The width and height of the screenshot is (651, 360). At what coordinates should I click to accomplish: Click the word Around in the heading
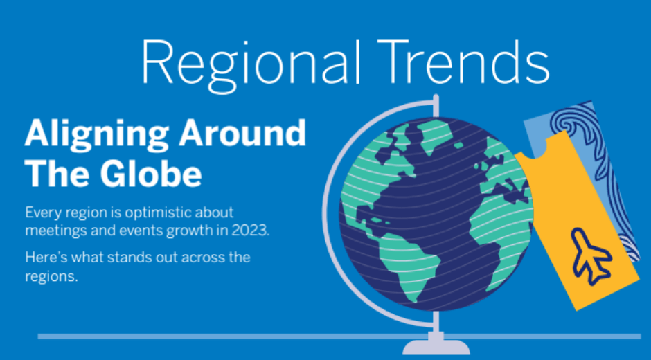point(242,133)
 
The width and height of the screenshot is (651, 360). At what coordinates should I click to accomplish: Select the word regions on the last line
point(51,276)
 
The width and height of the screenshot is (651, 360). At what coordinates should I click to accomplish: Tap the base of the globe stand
point(436,346)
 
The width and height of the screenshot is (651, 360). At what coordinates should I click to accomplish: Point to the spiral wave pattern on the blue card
point(571,123)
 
